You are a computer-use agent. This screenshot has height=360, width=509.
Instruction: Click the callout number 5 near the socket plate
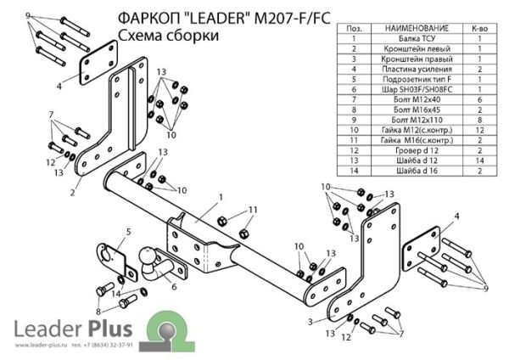(x=128, y=231)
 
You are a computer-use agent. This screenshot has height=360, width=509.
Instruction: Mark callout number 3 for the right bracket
(x=311, y=320)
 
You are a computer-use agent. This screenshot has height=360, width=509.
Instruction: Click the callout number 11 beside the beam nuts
(x=253, y=210)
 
